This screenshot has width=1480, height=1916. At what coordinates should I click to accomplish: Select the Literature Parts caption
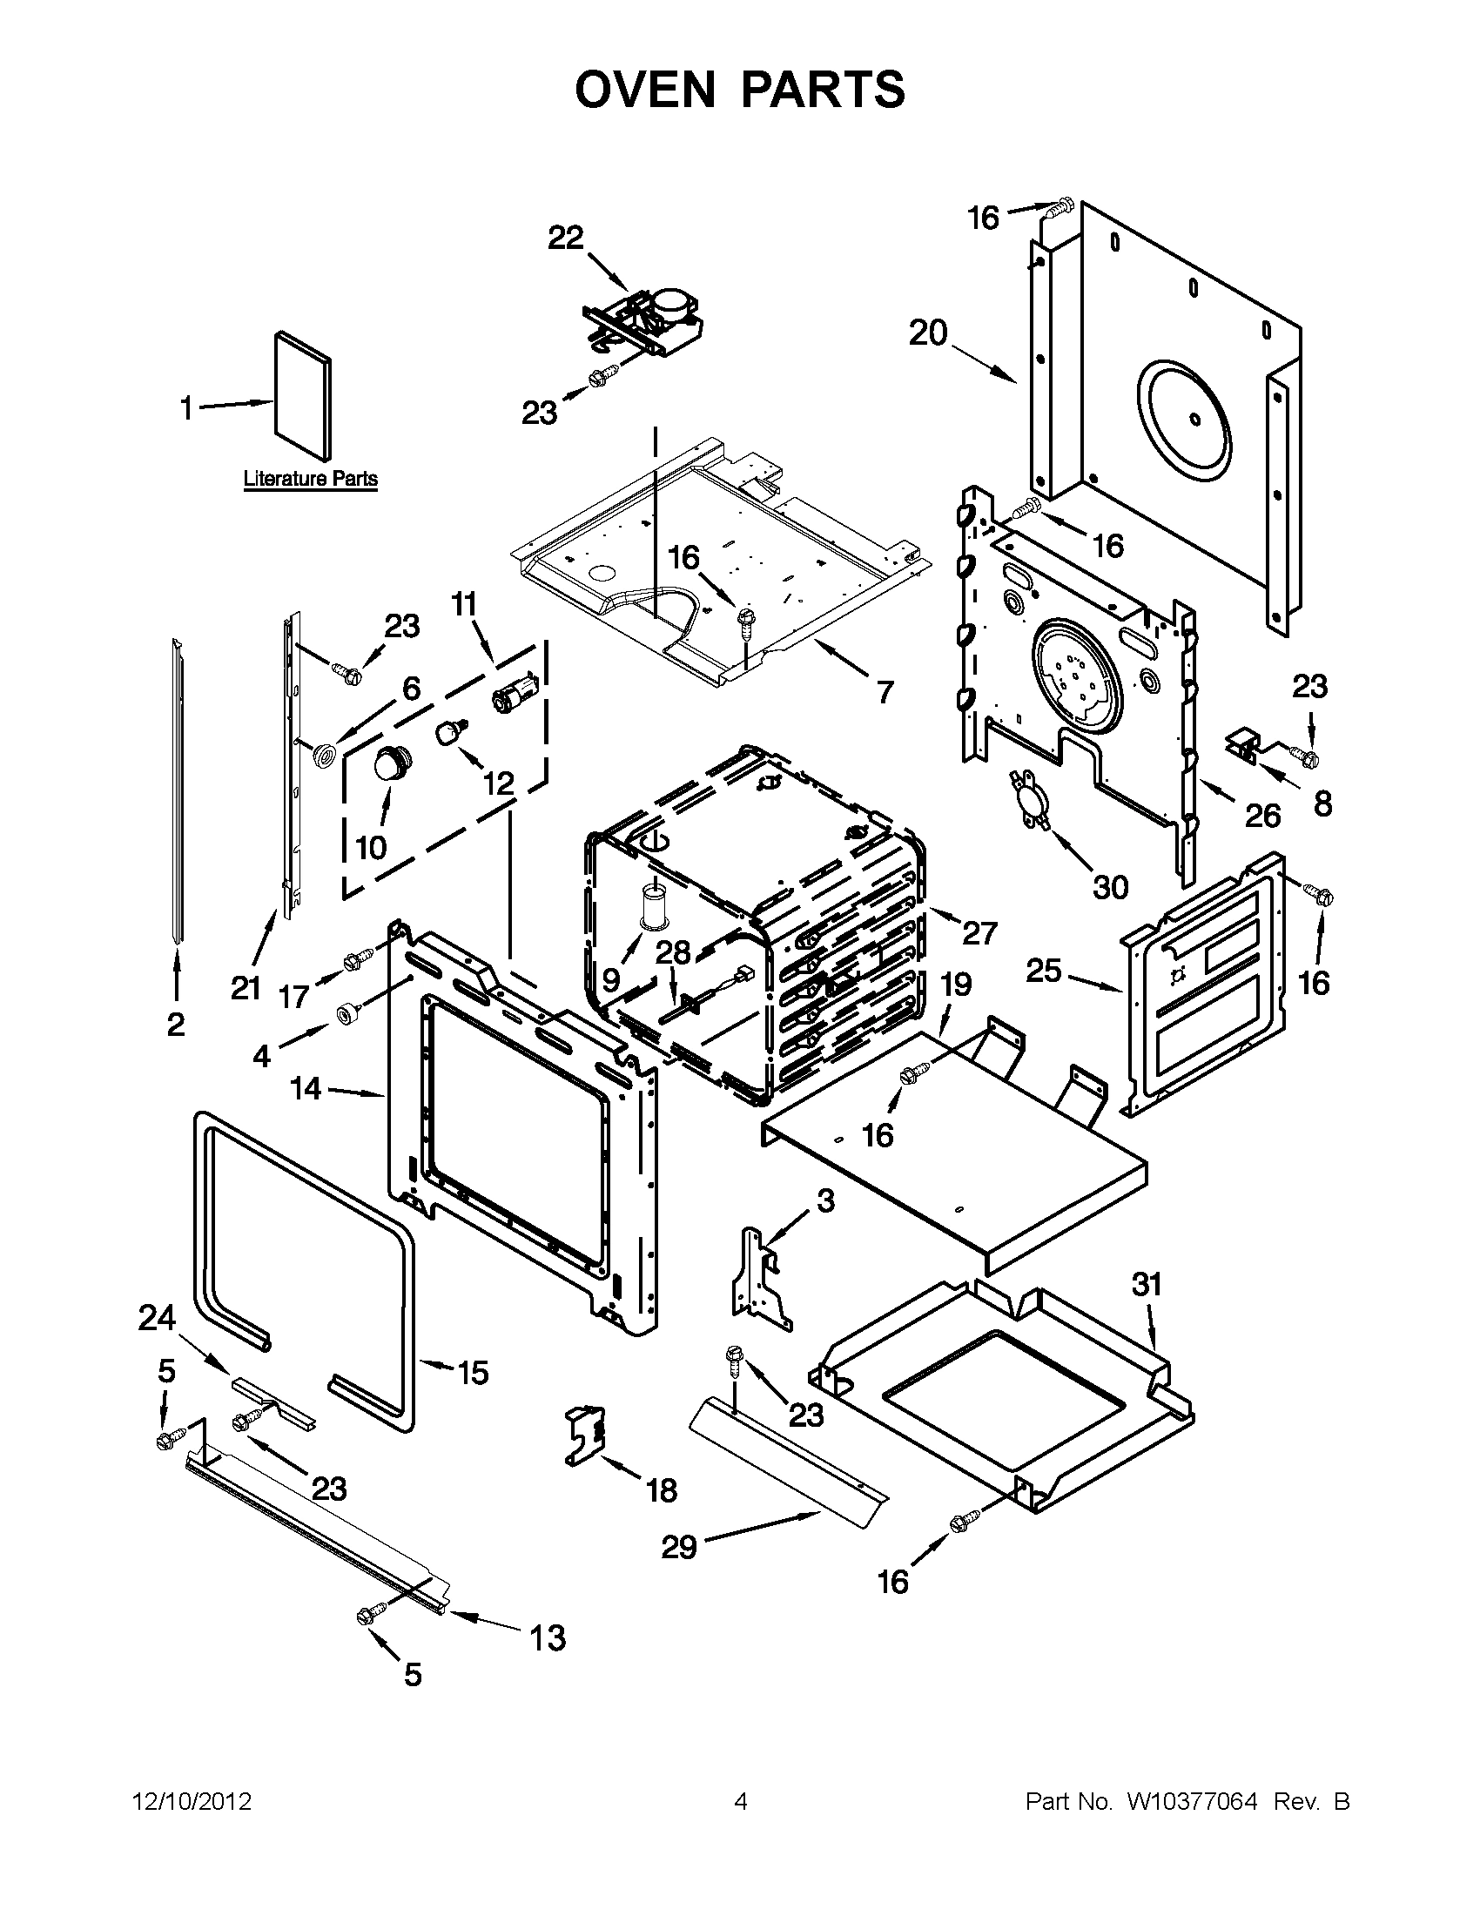pos(310,480)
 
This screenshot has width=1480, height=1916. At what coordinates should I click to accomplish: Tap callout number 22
pos(566,238)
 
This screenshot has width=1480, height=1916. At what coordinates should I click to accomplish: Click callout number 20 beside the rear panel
pos(928,333)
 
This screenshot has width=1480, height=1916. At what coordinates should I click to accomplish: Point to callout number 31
pos(1147,1285)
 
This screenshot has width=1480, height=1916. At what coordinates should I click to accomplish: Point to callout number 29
pos(678,1548)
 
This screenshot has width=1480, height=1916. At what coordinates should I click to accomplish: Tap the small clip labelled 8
pos(1241,745)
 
